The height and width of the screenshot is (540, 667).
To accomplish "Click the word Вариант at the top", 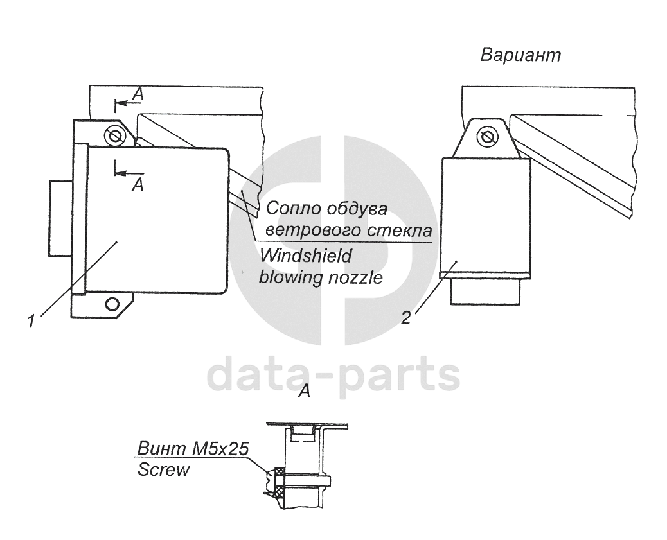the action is pyautogui.click(x=520, y=55).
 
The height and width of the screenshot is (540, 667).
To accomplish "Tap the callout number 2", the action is pyautogui.click(x=405, y=318).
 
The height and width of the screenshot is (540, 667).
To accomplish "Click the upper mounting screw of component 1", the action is pyautogui.click(x=115, y=136).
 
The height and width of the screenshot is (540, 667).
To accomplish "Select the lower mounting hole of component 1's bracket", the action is pyautogui.click(x=113, y=302).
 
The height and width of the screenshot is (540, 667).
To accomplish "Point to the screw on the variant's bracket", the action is pyautogui.click(x=487, y=136).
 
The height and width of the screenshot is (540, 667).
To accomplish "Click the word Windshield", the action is pyautogui.click(x=306, y=256).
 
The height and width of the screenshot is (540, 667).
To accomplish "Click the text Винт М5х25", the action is pyautogui.click(x=193, y=448).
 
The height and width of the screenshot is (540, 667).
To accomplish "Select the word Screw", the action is pyautogui.click(x=164, y=469).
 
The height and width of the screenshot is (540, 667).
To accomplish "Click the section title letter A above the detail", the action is pyautogui.click(x=305, y=391).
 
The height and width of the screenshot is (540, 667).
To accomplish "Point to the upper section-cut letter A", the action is pyautogui.click(x=137, y=94).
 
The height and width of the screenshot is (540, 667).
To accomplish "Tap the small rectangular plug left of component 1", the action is pyautogui.click(x=60, y=217).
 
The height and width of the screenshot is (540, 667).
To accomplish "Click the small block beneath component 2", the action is pyautogui.click(x=485, y=292).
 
